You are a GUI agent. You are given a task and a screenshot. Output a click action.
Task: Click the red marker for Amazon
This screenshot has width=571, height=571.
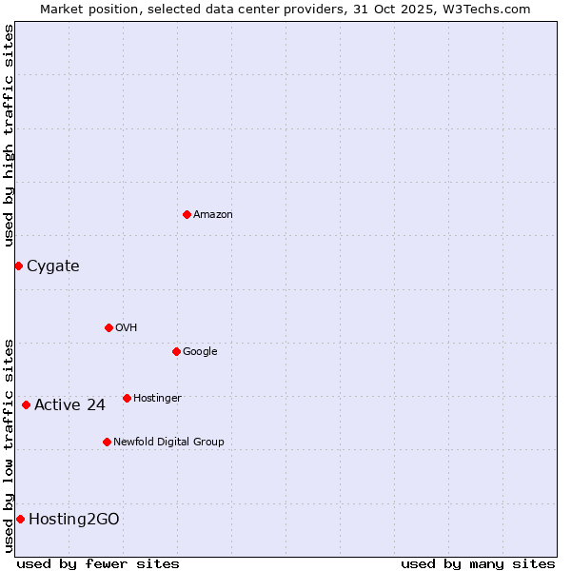[x=187, y=214]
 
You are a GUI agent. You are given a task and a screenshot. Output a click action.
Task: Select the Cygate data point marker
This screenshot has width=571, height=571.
[x=18, y=266]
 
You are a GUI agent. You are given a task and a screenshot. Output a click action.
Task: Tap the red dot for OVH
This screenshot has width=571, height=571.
[x=108, y=327]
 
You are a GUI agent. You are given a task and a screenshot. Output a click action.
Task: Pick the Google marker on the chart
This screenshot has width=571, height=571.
[x=176, y=351]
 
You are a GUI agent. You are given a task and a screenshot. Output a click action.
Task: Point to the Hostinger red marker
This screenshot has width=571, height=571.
[x=127, y=398]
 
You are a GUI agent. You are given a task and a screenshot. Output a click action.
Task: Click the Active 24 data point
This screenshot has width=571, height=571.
[x=26, y=404]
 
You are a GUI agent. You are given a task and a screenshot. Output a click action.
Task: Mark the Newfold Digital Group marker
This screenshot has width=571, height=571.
[x=107, y=442]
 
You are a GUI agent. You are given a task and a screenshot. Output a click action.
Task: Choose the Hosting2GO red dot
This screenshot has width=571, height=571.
[x=20, y=519]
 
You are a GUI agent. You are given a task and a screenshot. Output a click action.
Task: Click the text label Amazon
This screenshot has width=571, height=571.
[x=213, y=215]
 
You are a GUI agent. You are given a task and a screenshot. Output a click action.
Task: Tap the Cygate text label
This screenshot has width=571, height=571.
[x=53, y=266]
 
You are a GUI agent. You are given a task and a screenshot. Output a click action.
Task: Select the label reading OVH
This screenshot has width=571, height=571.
[x=127, y=328]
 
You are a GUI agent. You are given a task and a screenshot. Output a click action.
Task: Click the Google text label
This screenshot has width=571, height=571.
[x=200, y=352]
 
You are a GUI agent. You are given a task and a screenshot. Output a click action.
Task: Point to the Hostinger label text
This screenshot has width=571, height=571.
[x=157, y=399]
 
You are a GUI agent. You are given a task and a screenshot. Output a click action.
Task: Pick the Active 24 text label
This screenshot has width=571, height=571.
[x=69, y=405]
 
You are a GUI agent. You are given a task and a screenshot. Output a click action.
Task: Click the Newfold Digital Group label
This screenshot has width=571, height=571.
[x=168, y=443]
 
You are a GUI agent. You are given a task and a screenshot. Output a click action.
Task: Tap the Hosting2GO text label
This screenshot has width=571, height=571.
[x=74, y=520]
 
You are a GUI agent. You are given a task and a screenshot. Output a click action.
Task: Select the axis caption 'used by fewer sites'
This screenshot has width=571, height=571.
[x=98, y=563]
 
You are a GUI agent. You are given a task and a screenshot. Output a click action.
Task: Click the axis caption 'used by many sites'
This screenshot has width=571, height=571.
[x=478, y=563]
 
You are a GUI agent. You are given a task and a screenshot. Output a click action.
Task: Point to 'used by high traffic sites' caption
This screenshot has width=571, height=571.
[x=9, y=135]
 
